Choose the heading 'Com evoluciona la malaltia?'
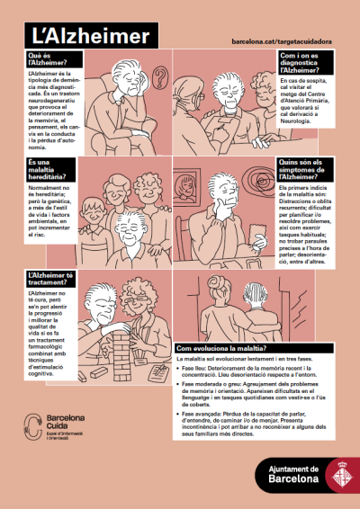tap(220, 348)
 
